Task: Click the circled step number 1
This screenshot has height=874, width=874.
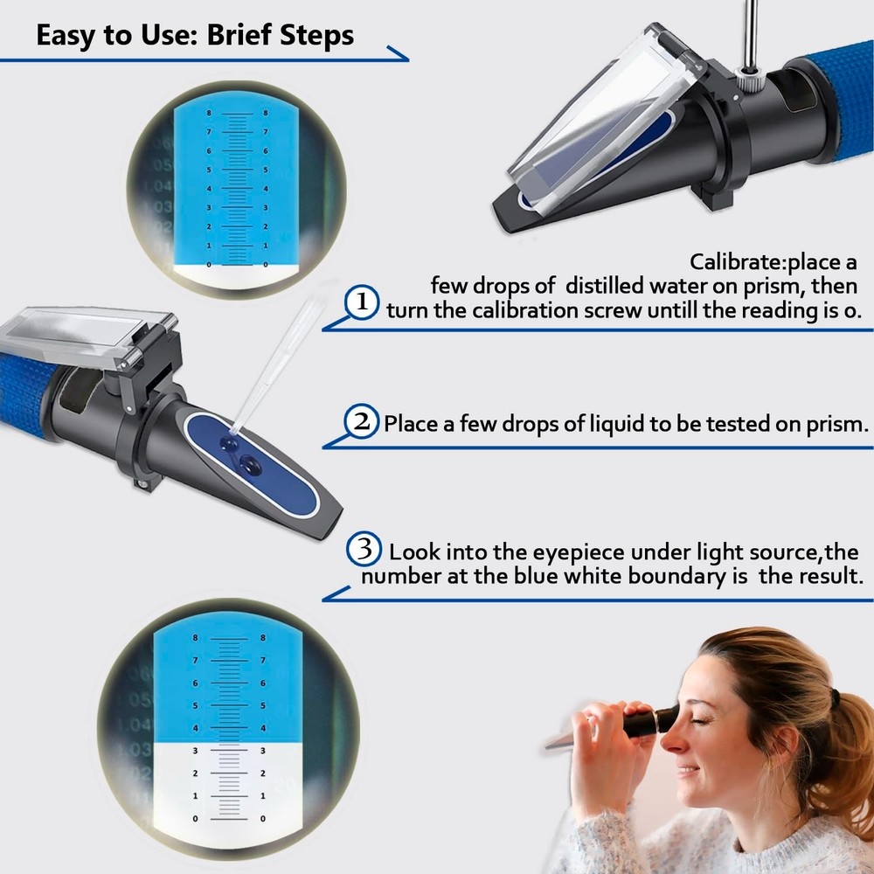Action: [x=361, y=302]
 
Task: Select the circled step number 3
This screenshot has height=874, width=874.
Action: [x=364, y=549]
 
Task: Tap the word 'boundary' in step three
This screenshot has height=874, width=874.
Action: [x=662, y=576]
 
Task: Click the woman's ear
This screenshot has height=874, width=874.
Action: [x=784, y=743]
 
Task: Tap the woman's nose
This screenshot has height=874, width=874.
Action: [x=671, y=746]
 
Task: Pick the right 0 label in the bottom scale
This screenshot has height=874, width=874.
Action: [x=263, y=819]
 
